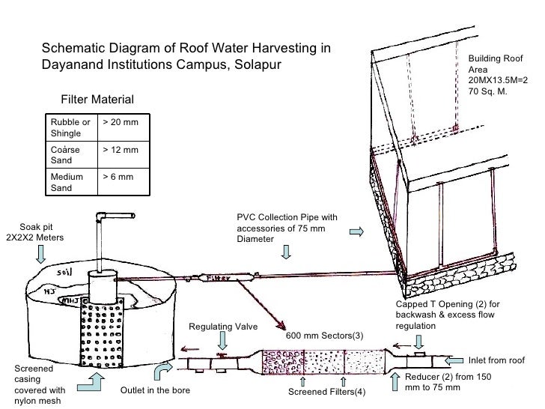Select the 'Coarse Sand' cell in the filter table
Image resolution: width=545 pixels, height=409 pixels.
pyautogui.click(x=64, y=155)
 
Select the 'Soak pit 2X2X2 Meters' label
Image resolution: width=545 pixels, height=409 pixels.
pyautogui.click(x=35, y=232)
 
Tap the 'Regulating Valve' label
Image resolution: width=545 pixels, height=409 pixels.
pyautogui.click(x=222, y=327)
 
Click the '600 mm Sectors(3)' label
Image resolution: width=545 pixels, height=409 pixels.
pyautogui.click(x=324, y=334)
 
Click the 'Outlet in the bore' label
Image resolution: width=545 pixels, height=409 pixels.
pyautogui.click(x=155, y=391)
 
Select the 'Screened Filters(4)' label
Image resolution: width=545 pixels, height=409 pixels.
pyautogui.click(x=326, y=392)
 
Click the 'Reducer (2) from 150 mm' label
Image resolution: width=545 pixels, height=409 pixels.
pyautogui.click(x=448, y=382)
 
